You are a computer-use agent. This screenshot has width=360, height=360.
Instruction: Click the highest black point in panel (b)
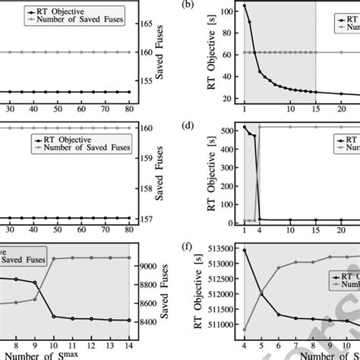pyautogui.click(x=245, y=6)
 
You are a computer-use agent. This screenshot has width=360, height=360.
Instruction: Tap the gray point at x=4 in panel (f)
pyautogui.click(x=245, y=329)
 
